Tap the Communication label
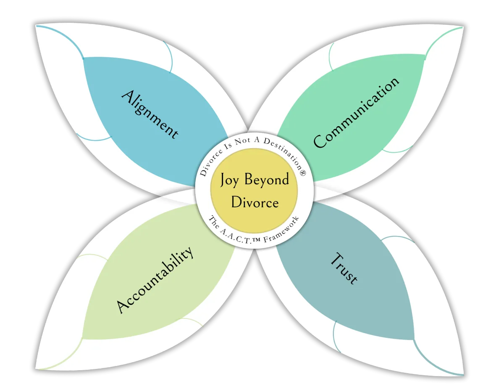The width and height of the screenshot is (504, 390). (x=356, y=112)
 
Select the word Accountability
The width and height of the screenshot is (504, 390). (x=155, y=279)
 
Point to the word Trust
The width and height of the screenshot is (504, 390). (x=344, y=268)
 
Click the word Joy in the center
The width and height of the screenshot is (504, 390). (x=229, y=180)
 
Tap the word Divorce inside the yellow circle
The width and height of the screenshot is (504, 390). (x=255, y=203)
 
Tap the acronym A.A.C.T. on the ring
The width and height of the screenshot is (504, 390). (x=239, y=233)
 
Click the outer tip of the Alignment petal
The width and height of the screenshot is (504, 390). (x=37, y=26)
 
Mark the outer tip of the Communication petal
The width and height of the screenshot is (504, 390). (x=463, y=27)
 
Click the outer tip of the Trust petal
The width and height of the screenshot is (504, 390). (x=463, y=374)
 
